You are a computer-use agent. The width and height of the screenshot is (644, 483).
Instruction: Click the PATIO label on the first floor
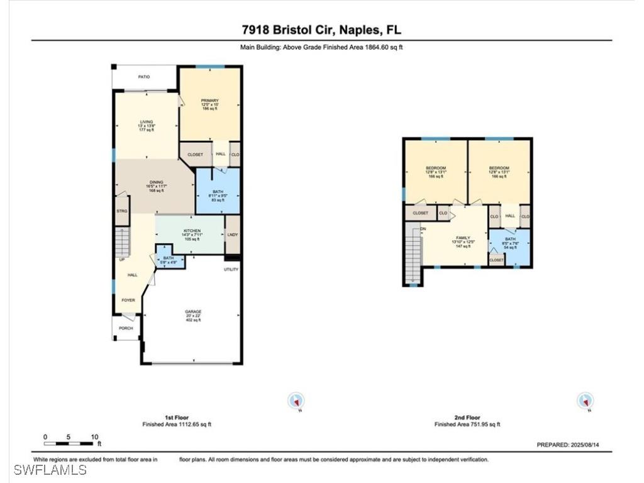pyautogui.click(x=143, y=77)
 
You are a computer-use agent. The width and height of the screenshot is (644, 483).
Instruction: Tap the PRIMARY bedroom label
pyautogui.click(x=209, y=101)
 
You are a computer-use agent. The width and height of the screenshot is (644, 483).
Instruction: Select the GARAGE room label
pyautogui.click(x=192, y=311)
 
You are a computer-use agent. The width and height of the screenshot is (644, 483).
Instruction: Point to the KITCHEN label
pyautogui.click(x=192, y=231)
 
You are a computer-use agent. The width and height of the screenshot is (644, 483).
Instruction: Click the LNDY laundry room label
pyautogui.click(x=232, y=235)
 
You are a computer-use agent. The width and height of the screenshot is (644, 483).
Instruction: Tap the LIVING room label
pyautogui.click(x=146, y=122)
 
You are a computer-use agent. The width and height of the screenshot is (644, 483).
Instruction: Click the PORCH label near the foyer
pyautogui.click(x=126, y=328)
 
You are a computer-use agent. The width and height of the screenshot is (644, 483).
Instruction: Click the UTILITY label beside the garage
pyautogui.click(x=231, y=269)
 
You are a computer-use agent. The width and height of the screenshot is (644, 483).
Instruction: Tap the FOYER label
pyautogui.click(x=128, y=300)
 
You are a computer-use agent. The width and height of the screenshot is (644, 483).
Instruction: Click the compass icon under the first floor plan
pyautogui.click(x=296, y=401)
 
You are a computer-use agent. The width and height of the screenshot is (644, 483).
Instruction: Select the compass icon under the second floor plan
pyautogui.click(x=586, y=401)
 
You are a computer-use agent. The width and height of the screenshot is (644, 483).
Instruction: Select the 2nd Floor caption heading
pyautogui.click(x=467, y=417)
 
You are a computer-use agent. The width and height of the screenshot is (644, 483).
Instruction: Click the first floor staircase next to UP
pyautogui.click(x=123, y=242)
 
